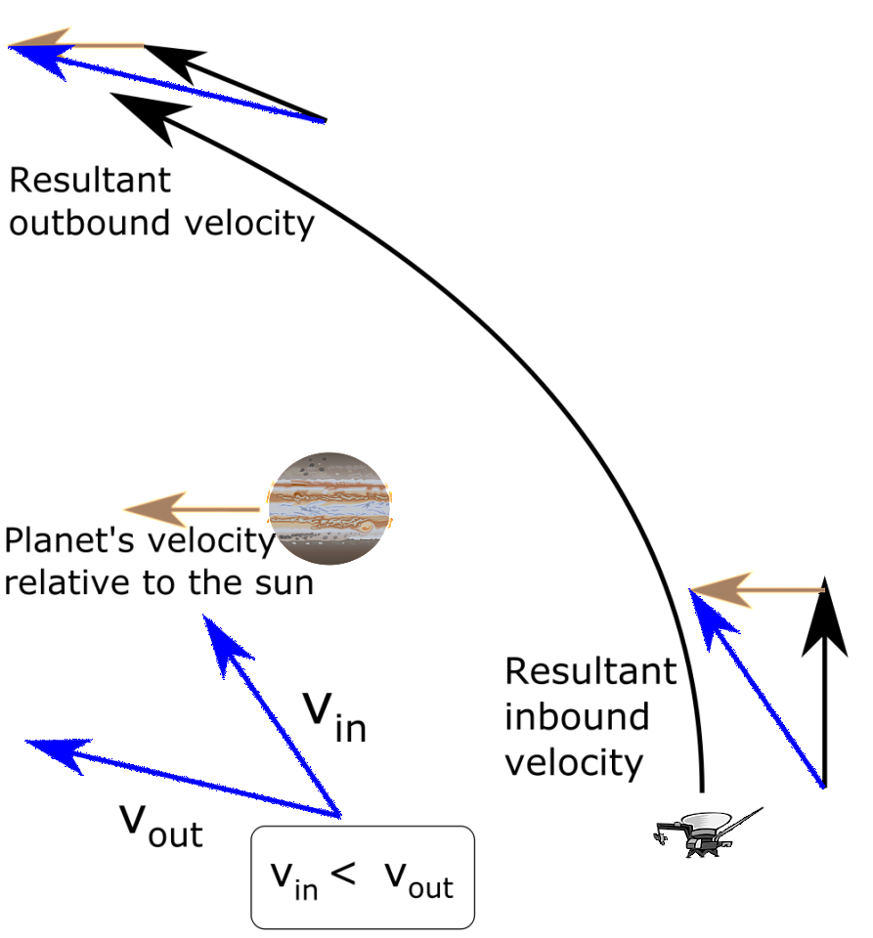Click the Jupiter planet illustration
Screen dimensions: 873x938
[x=329, y=508]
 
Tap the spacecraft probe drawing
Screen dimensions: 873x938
[x=707, y=832]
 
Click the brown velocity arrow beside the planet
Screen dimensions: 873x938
[x=192, y=510]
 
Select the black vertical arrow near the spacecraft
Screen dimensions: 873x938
[x=824, y=682]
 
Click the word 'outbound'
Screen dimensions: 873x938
[x=90, y=224]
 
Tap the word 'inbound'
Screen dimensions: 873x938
[x=577, y=716]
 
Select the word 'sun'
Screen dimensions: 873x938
[x=284, y=583]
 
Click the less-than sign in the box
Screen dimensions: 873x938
[x=343, y=874]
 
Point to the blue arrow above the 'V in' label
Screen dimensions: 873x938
[x=272, y=715]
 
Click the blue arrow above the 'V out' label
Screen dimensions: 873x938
[x=183, y=778]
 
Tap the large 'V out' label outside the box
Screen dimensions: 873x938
[x=161, y=826]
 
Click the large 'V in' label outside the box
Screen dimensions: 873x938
[x=334, y=718]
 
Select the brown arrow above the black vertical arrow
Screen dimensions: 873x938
[x=758, y=590]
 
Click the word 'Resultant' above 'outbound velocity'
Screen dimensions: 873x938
[x=90, y=180]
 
